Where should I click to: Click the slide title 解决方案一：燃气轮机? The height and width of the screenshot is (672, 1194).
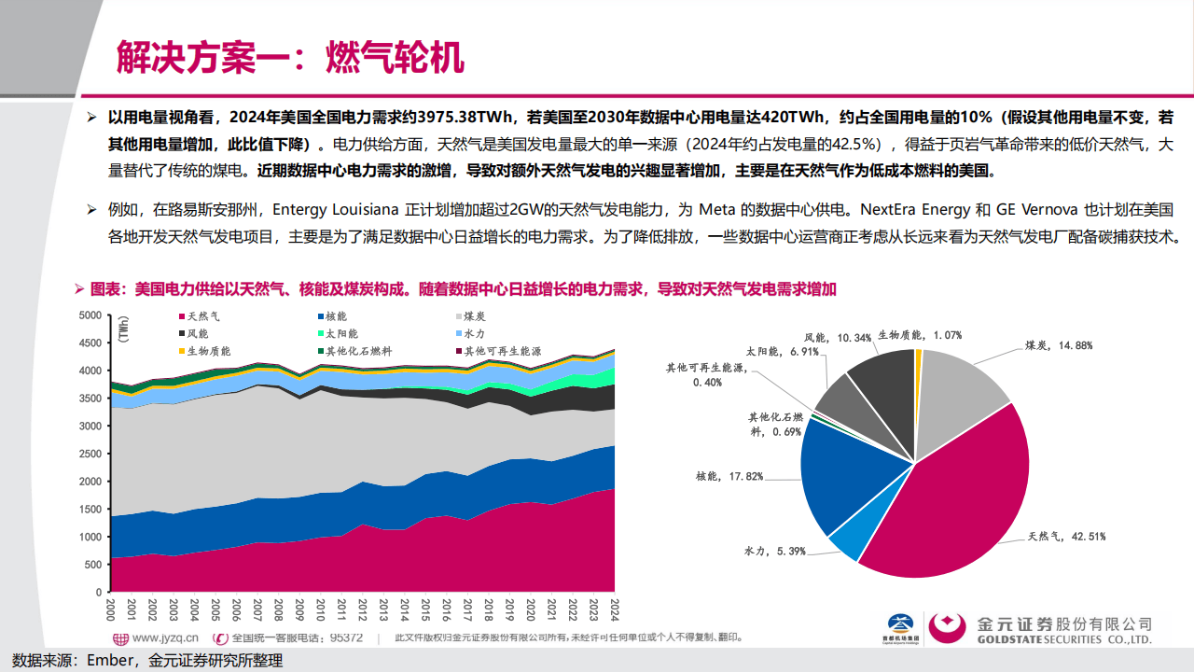pos(289,58)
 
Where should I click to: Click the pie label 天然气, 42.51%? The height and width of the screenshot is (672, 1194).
pos(1053,537)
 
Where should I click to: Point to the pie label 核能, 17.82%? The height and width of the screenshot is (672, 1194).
pos(729,476)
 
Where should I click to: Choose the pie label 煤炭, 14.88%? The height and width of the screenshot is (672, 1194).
pos(1059,344)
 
